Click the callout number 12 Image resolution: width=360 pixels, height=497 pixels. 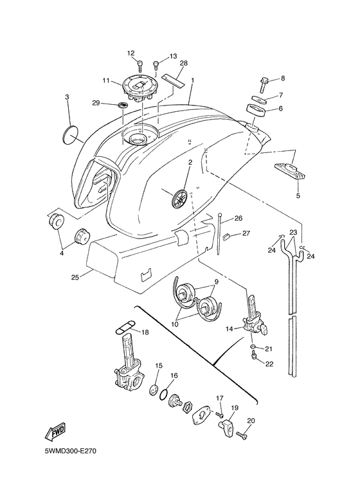pos(130,53)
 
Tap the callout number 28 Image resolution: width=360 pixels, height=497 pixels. pos(183,63)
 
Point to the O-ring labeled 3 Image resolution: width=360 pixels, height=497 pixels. pos(71,134)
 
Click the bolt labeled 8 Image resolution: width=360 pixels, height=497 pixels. pos(264,84)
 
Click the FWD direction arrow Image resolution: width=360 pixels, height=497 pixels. pos(58,430)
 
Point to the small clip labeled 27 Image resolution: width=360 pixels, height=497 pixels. pos(226,237)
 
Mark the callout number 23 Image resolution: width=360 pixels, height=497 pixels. pos(293,232)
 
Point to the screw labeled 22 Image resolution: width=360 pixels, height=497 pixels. pos(256,361)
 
